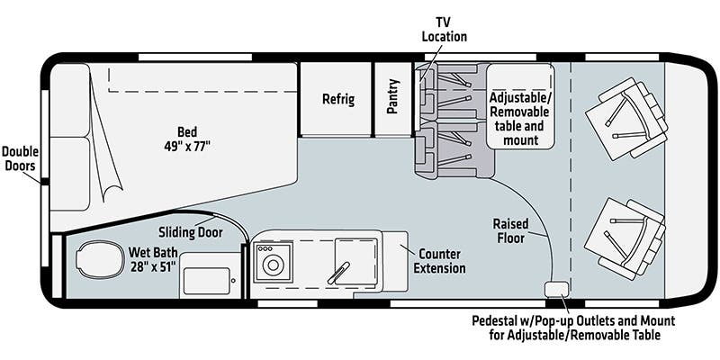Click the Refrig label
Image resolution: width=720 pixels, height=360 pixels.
coord(338,99)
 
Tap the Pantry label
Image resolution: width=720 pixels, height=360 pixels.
coord(393,99)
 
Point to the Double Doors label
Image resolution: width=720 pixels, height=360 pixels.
coord(20,158)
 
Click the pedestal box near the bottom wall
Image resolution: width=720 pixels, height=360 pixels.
coord(556,289)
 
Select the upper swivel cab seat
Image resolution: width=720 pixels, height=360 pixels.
coord(623,116)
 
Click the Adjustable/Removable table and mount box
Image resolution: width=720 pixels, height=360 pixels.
coord(519,106)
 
